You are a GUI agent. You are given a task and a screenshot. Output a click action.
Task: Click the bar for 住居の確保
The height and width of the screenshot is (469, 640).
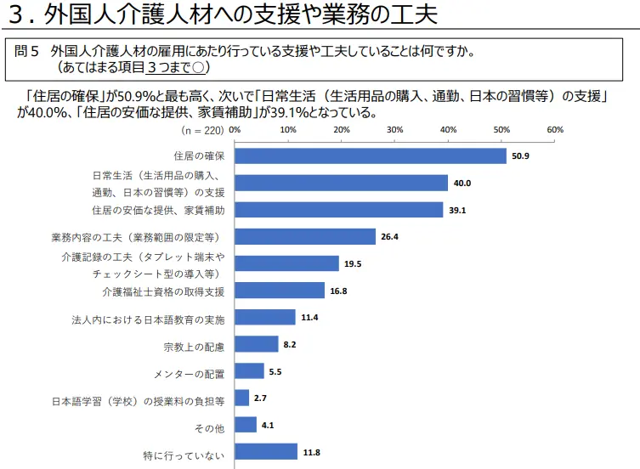[x=371, y=155]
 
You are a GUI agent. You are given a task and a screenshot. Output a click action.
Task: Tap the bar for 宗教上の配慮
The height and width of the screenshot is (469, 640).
[x=257, y=344]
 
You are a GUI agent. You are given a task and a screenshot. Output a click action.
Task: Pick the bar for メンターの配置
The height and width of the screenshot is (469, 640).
[x=249, y=371]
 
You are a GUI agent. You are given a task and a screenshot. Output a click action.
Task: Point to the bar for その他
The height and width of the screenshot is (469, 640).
[x=246, y=424]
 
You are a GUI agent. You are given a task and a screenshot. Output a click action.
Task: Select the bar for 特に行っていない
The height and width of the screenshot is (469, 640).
[x=266, y=451]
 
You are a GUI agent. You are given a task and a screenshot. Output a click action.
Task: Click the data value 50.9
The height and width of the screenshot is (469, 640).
[x=520, y=156]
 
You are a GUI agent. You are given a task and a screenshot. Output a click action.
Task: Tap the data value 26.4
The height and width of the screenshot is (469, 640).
[x=389, y=237]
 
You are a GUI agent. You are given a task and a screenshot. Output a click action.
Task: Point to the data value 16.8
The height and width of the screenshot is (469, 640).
[x=338, y=291]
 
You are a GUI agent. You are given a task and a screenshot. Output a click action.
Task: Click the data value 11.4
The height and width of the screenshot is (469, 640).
[x=309, y=318]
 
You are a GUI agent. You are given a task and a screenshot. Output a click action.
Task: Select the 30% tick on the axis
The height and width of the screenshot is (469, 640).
[x=394, y=130]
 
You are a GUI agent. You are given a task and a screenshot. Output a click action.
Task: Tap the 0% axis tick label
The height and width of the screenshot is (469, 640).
[x=235, y=130]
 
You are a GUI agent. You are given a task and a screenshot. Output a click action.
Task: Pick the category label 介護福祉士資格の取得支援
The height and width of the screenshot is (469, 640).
[x=163, y=291]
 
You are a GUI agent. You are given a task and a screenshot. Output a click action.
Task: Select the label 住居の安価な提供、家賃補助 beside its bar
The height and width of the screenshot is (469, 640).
[x=158, y=210]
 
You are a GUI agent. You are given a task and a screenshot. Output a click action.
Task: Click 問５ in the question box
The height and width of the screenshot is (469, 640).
[x=27, y=51]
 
